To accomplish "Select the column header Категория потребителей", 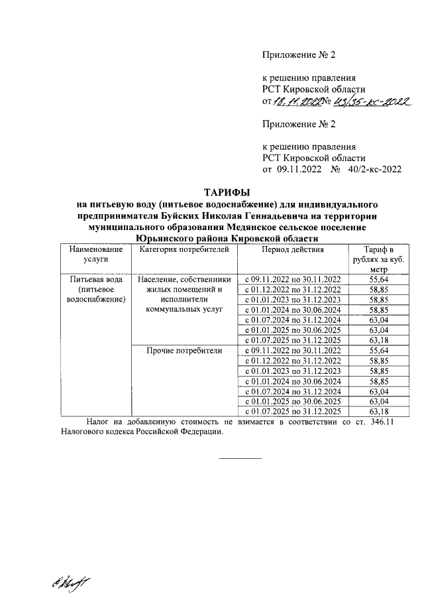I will click(184, 250).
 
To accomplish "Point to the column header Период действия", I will click(292, 250).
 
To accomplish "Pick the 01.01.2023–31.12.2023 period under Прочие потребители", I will click(292, 371).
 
